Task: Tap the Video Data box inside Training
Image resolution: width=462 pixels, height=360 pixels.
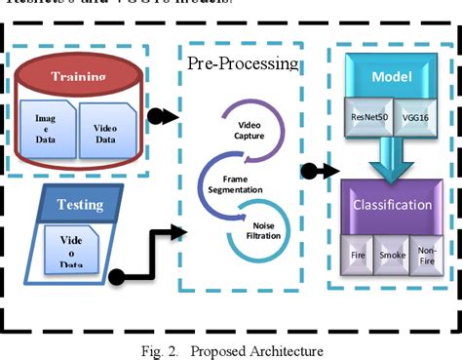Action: [x=105, y=132]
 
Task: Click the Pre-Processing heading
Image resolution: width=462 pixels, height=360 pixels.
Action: [x=244, y=64]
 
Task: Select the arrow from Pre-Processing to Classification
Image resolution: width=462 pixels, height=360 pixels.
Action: [x=318, y=173]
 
